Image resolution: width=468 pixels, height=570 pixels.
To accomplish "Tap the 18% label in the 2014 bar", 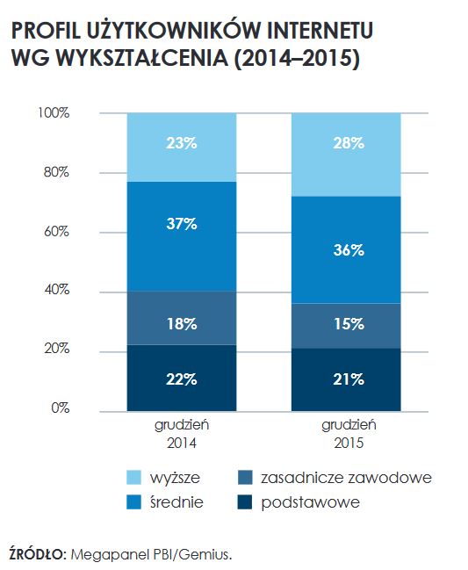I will click(182, 323).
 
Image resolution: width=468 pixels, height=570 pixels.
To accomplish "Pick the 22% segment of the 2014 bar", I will click(182, 379).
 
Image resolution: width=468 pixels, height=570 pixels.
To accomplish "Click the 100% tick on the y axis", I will click(54, 113).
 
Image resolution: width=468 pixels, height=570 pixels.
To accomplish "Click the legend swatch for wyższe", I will click(133, 478).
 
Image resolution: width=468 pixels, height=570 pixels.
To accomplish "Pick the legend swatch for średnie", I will click(133, 502).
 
